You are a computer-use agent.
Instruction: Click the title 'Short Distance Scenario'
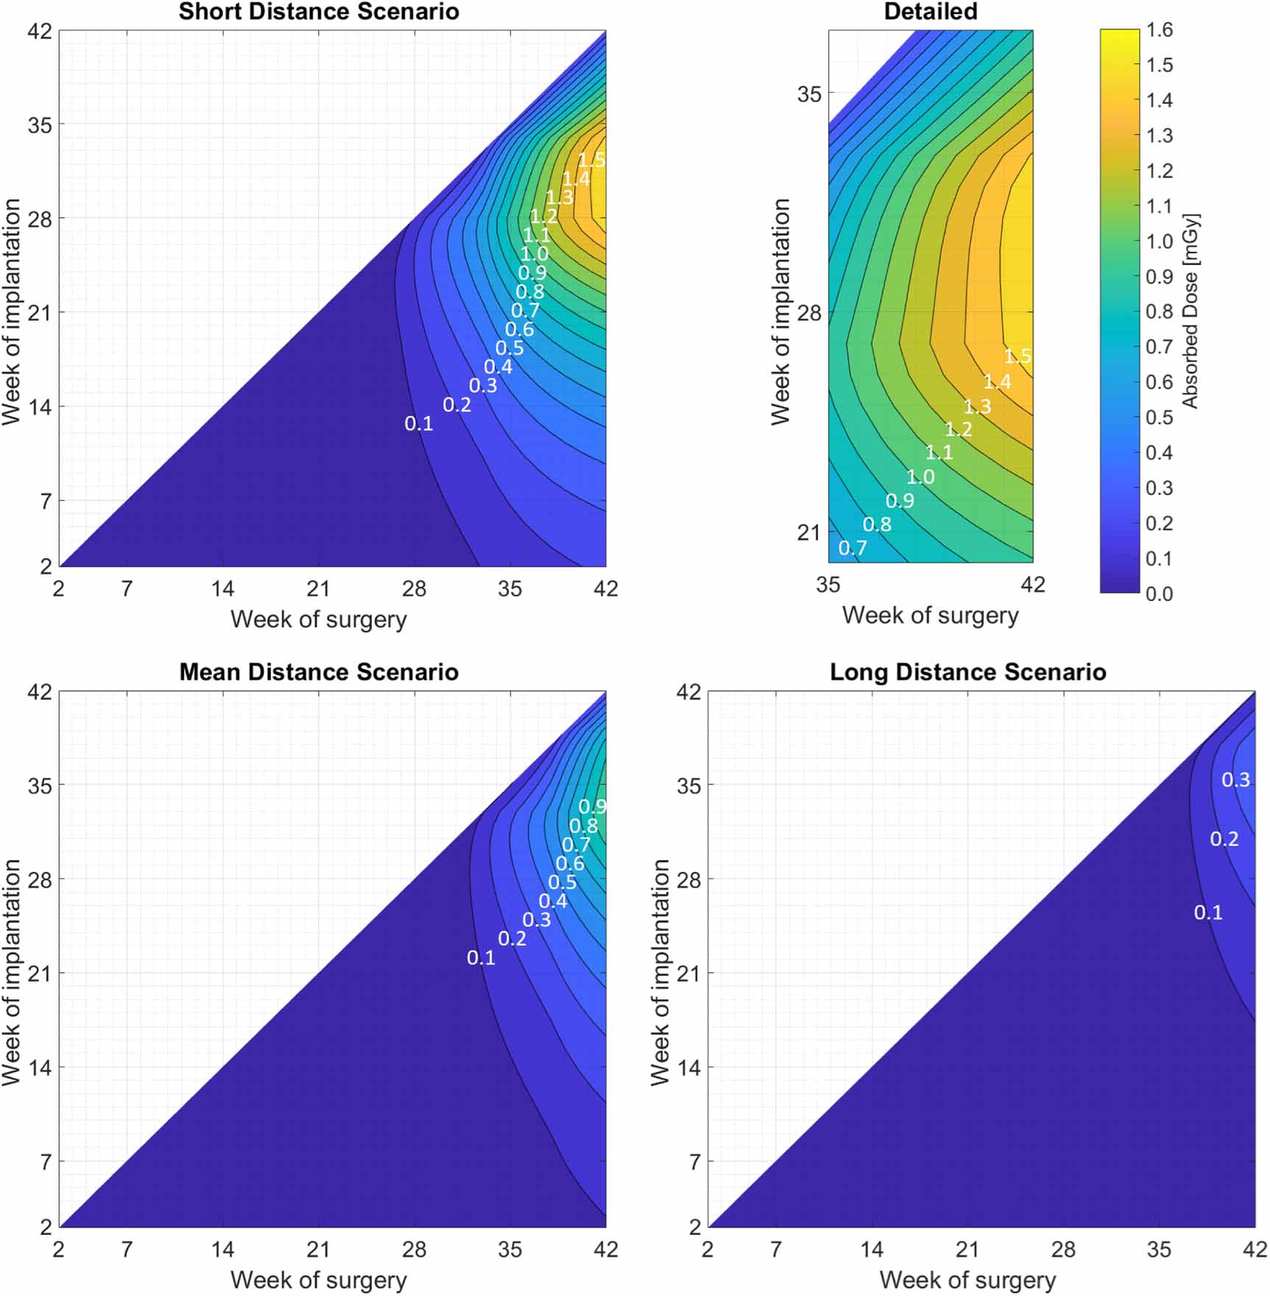click(x=319, y=12)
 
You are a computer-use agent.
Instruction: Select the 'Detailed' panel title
click(x=931, y=12)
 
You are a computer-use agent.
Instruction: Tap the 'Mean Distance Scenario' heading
click(x=319, y=672)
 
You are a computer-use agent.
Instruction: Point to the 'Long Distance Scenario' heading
click(x=967, y=672)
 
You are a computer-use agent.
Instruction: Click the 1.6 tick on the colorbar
click(x=1159, y=30)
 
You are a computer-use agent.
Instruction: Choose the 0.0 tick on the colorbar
click(x=1159, y=594)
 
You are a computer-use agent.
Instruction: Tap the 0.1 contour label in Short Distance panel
click(x=418, y=423)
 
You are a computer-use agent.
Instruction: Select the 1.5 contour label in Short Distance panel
click(x=591, y=160)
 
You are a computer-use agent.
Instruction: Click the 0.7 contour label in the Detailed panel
click(x=853, y=548)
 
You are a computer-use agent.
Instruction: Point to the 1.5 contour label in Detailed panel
click(x=1017, y=357)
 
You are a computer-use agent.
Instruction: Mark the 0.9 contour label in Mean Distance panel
click(x=592, y=806)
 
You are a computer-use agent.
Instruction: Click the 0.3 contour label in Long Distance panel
click(x=1235, y=780)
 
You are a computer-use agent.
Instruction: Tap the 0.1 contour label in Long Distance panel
click(x=1208, y=913)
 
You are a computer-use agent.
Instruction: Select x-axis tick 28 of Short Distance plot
click(x=414, y=589)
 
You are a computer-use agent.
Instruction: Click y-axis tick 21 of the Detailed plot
click(x=808, y=532)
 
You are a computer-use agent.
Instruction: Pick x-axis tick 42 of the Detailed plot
click(x=1033, y=585)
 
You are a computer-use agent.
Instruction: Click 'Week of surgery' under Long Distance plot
click(x=967, y=1280)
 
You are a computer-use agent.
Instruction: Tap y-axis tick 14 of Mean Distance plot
click(x=40, y=1068)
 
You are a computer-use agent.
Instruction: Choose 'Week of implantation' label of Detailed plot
click(x=780, y=311)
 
